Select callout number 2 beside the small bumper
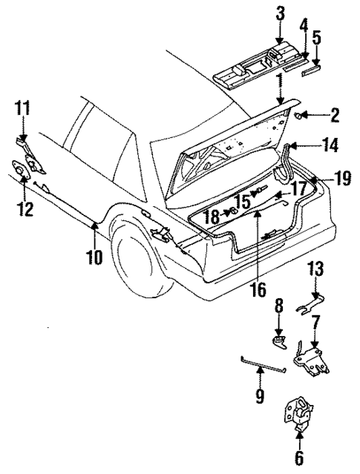(335, 116)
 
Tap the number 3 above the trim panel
(280, 12)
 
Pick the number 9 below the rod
(259, 397)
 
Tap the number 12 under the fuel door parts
(25, 210)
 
